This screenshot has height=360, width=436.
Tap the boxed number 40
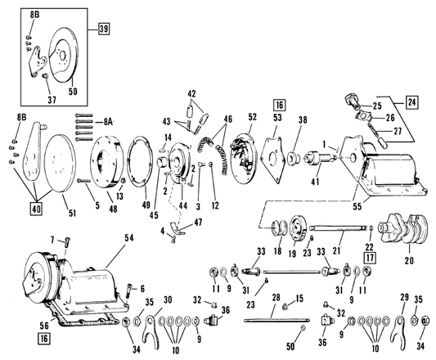coord(34,207)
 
